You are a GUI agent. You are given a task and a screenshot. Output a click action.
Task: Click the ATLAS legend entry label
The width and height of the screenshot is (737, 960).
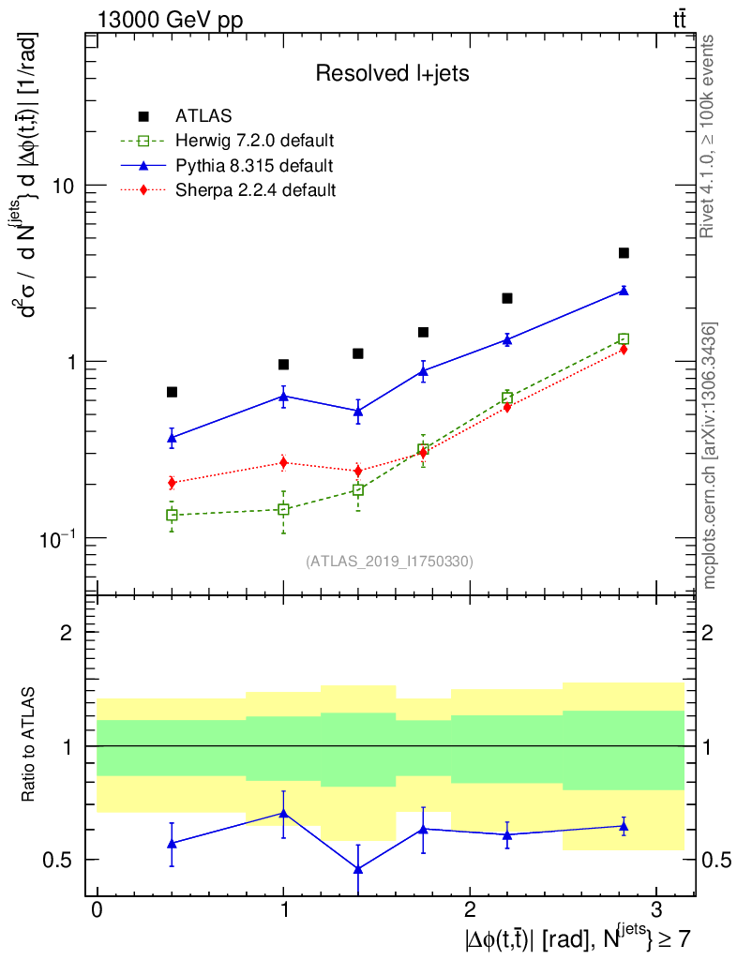pyautogui.click(x=203, y=116)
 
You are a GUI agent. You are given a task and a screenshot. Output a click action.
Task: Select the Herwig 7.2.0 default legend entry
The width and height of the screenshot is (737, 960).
pyautogui.click(x=254, y=141)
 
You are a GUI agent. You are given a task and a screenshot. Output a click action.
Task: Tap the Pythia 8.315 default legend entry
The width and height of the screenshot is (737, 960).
pyautogui.click(x=254, y=166)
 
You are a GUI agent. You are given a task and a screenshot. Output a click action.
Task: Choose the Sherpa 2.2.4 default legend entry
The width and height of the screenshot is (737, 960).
pyautogui.click(x=256, y=190)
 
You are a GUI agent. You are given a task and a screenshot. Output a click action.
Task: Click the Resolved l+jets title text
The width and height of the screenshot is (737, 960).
pyautogui.click(x=392, y=74)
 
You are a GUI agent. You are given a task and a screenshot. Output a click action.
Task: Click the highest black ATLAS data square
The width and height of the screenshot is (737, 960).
pyautogui.click(x=624, y=253)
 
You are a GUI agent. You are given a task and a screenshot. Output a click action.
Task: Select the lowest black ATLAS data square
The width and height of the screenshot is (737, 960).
pyautogui.click(x=172, y=392)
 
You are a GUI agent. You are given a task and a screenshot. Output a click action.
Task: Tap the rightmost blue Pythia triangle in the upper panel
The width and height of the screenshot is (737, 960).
pyautogui.click(x=624, y=291)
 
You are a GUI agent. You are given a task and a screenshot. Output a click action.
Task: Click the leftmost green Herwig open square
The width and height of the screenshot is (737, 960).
pyautogui.click(x=172, y=515)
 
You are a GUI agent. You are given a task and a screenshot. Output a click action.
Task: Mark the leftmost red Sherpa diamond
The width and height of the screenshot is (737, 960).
pyautogui.click(x=172, y=483)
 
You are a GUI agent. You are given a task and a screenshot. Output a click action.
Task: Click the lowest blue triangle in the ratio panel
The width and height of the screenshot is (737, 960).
pyautogui.click(x=358, y=869)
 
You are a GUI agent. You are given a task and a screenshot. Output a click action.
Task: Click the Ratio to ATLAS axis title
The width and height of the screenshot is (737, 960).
pyautogui.click(x=29, y=746)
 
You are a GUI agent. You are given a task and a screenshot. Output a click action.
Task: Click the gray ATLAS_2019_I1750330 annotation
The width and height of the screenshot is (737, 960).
pyautogui.click(x=389, y=562)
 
